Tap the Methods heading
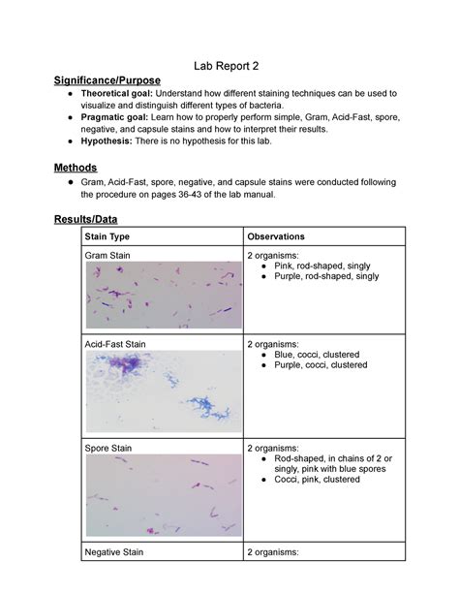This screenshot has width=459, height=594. click(76, 168)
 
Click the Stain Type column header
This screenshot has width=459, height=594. click(107, 236)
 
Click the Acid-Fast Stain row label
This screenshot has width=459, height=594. click(115, 343)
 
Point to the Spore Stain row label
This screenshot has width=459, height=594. click(108, 448)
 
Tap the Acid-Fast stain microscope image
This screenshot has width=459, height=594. click(162, 391)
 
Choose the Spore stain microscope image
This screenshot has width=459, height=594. click(162, 496)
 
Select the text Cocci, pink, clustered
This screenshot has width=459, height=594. click(317, 480)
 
